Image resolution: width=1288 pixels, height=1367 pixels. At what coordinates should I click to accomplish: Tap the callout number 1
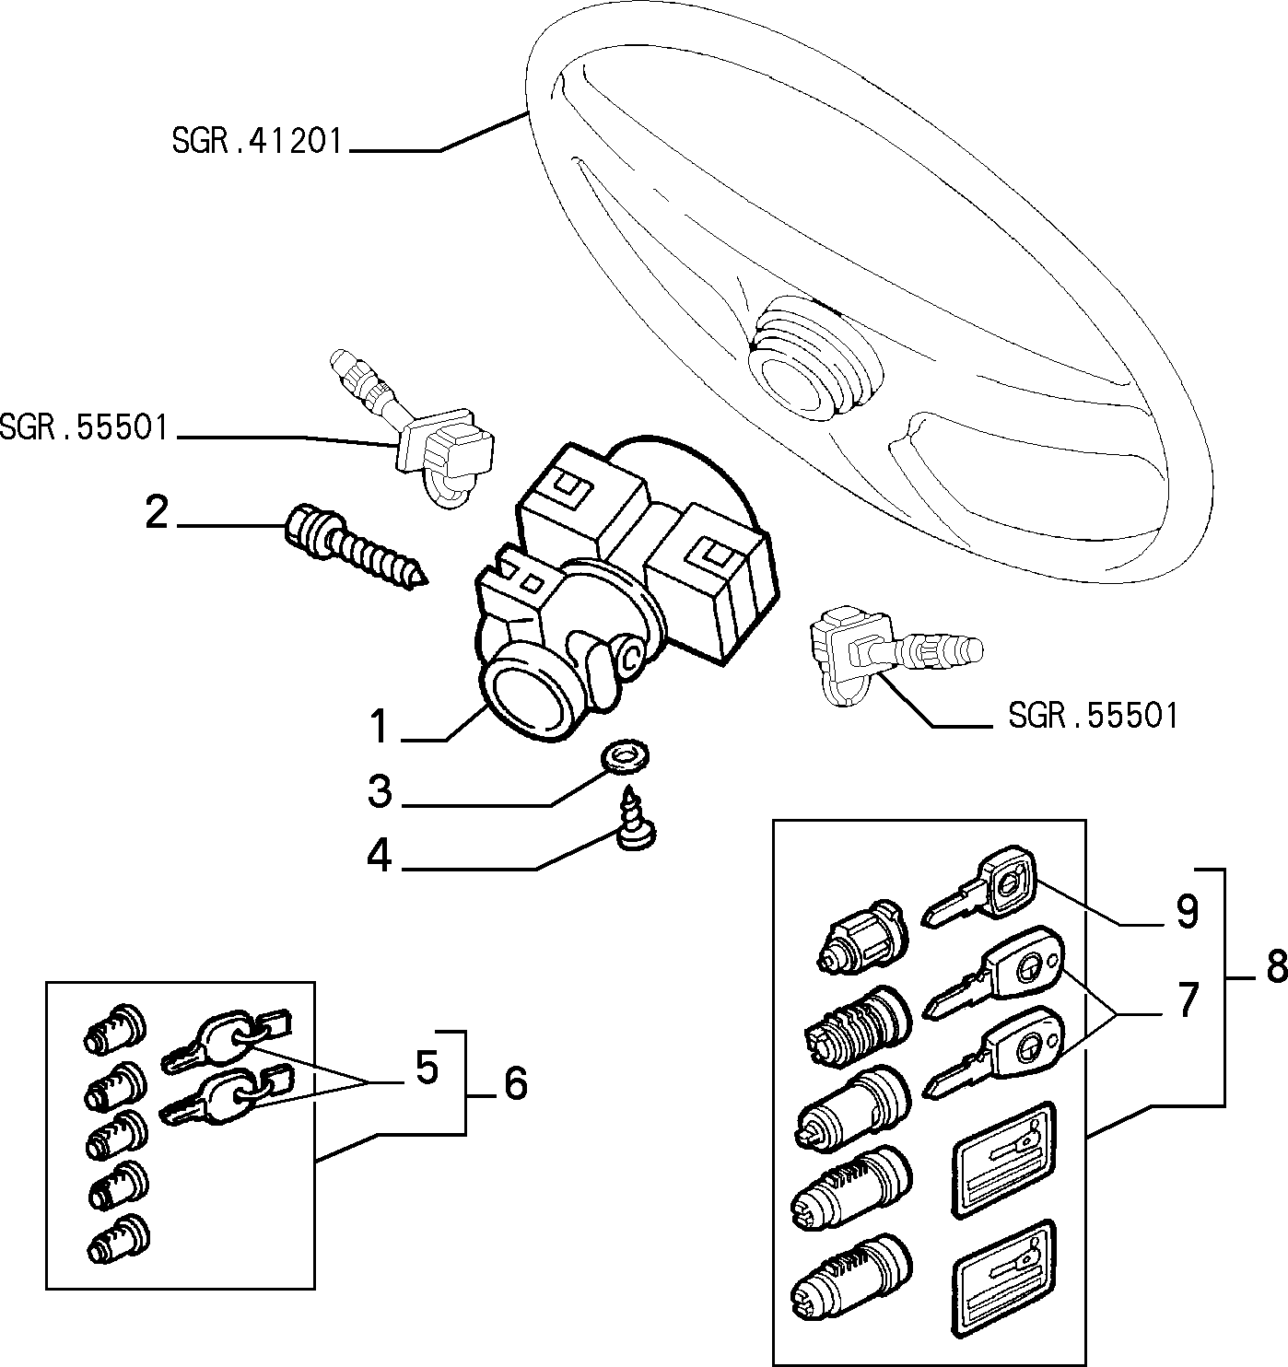[380, 727]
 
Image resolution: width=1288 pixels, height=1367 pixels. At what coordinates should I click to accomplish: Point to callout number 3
[380, 791]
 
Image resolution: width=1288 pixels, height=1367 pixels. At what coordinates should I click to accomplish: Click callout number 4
[380, 857]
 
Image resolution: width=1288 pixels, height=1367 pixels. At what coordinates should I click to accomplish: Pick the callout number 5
[427, 1068]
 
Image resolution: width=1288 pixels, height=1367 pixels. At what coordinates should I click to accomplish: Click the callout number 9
[1188, 913]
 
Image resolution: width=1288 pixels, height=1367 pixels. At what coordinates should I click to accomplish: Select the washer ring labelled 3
[625, 755]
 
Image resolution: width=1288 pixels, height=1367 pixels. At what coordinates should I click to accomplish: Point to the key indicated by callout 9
[980, 885]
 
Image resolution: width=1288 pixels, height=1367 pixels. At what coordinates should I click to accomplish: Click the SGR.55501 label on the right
[1093, 715]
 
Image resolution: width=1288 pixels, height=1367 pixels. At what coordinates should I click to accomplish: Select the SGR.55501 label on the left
[84, 427]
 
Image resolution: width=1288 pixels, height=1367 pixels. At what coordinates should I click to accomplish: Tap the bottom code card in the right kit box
[1003, 1279]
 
